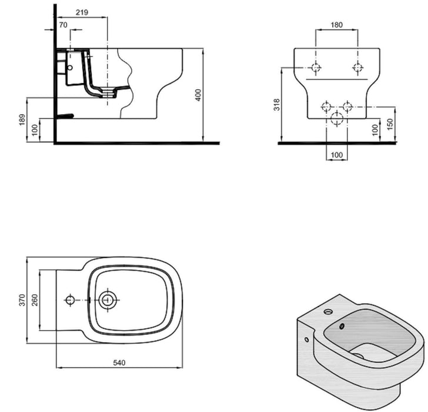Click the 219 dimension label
(82, 12)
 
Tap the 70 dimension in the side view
(63, 25)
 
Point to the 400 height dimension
(199, 95)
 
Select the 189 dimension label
(22, 119)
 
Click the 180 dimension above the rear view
(336, 25)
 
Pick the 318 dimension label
(277, 105)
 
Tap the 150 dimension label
(390, 124)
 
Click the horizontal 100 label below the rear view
(336, 155)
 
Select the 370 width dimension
(22, 300)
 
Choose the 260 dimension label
(35, 300)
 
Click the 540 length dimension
(119, 363)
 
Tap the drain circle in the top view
(108, 300)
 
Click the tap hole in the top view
(70, 300)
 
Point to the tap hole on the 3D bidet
(328, 311)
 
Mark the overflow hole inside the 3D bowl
(341, 325)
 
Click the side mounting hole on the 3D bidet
(306, 340)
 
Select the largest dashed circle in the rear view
(337, 118)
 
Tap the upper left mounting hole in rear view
(316, 67)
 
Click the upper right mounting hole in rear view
(357, 67)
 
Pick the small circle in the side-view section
(70, 68)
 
